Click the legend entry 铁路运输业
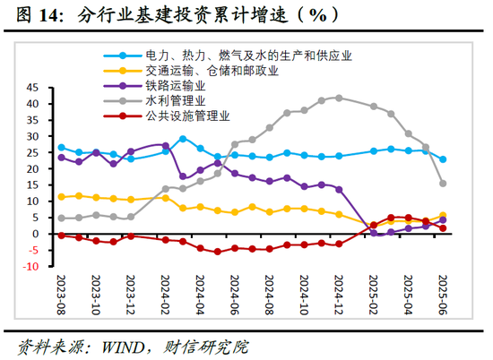pyautogui.click(x=175, y=85)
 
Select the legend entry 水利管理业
pyautogui.click(x=175, y=100)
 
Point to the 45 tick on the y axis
pyautogui.click(x=34, y=88)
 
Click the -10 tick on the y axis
pyautogui.click(x=31, y=267)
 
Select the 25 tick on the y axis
pyautogui.click(x=34, y=153)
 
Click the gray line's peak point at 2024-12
pyautogui.click(x=339, y=97)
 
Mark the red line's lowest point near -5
pyautogui.click(x=217, y=252)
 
